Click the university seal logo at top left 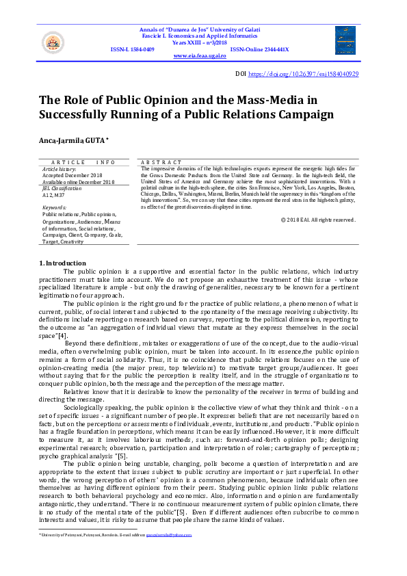coord(53,42)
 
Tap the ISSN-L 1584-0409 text coord(132,49)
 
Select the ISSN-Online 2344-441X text coord(259,49)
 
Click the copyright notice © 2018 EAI coord(318,220)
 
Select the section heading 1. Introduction coord(62,263)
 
